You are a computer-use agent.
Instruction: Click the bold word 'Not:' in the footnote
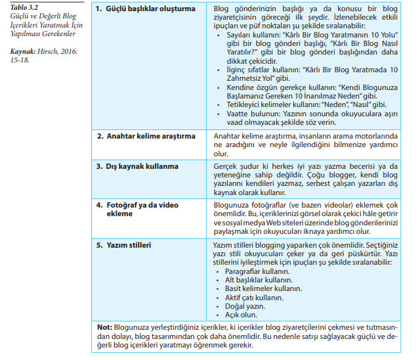104,326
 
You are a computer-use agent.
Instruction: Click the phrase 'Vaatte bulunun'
247,113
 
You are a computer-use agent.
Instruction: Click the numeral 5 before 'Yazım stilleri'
100,245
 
